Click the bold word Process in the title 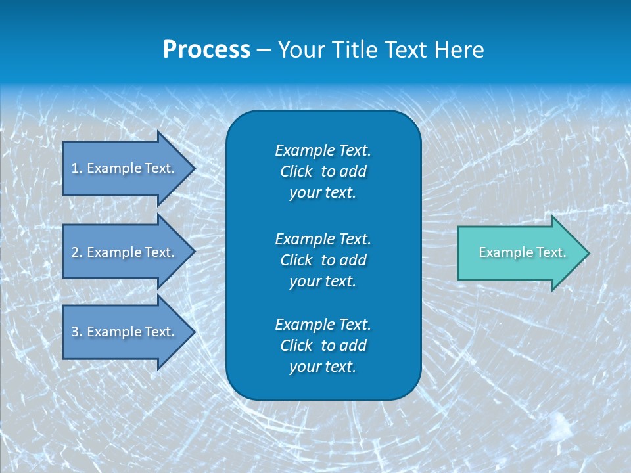click(206, 50)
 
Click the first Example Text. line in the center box click(323, 150)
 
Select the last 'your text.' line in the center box click(323, 367)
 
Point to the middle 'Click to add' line click(323, 260)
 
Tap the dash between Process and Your click(264, 50)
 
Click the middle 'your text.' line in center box click(323, 281)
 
